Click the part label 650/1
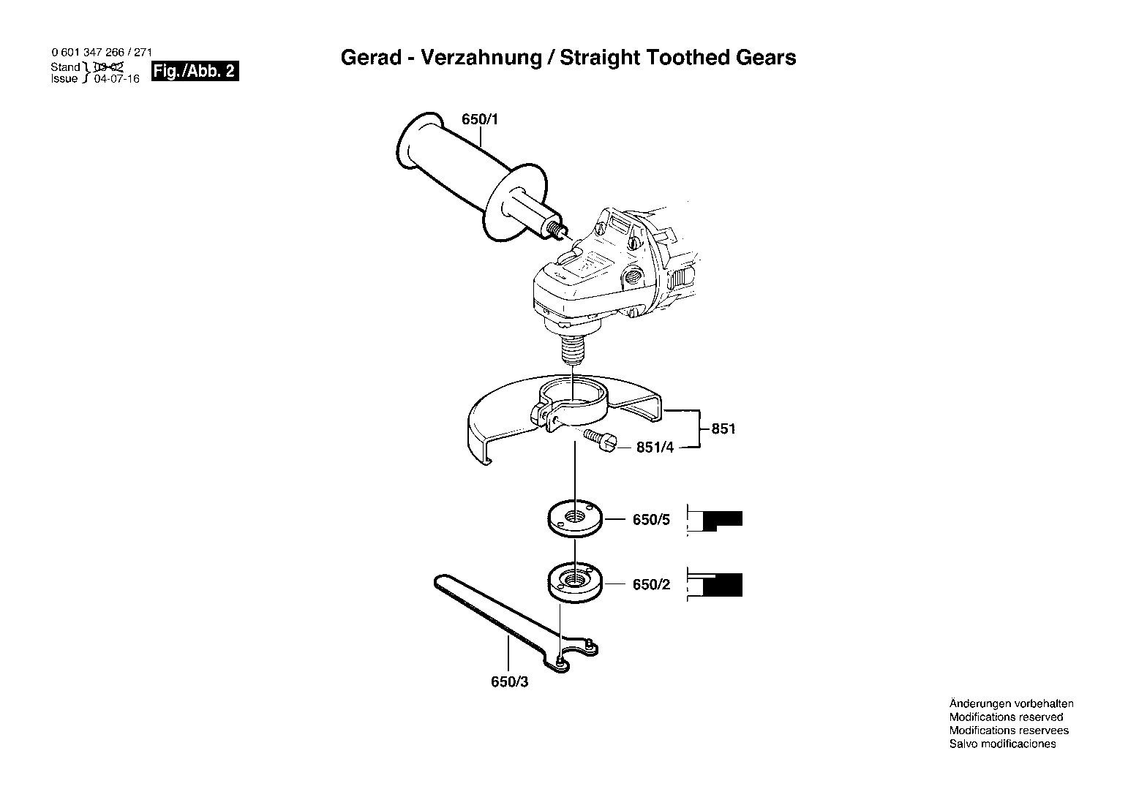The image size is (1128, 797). [x=479, y=119]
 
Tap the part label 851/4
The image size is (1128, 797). [x=655, y=447]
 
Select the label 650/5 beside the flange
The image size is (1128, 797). [x=651, y=519]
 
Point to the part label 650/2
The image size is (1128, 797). [x=651, y=584]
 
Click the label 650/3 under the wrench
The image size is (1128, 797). [x=510, y=681]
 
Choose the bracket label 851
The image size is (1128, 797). [x=723, y=428]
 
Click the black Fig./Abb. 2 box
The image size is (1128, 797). [x=195, y=71]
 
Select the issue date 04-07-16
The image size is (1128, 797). [x=117, y=79]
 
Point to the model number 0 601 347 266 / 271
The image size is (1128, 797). [x=102, y=52]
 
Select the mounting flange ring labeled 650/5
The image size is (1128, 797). [x=574, y=518]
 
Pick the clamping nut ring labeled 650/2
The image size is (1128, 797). [x=574, y=583]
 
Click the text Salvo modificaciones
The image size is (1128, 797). [x=1003, y=744]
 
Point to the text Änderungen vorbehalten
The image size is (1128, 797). [x=1011, y=704]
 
